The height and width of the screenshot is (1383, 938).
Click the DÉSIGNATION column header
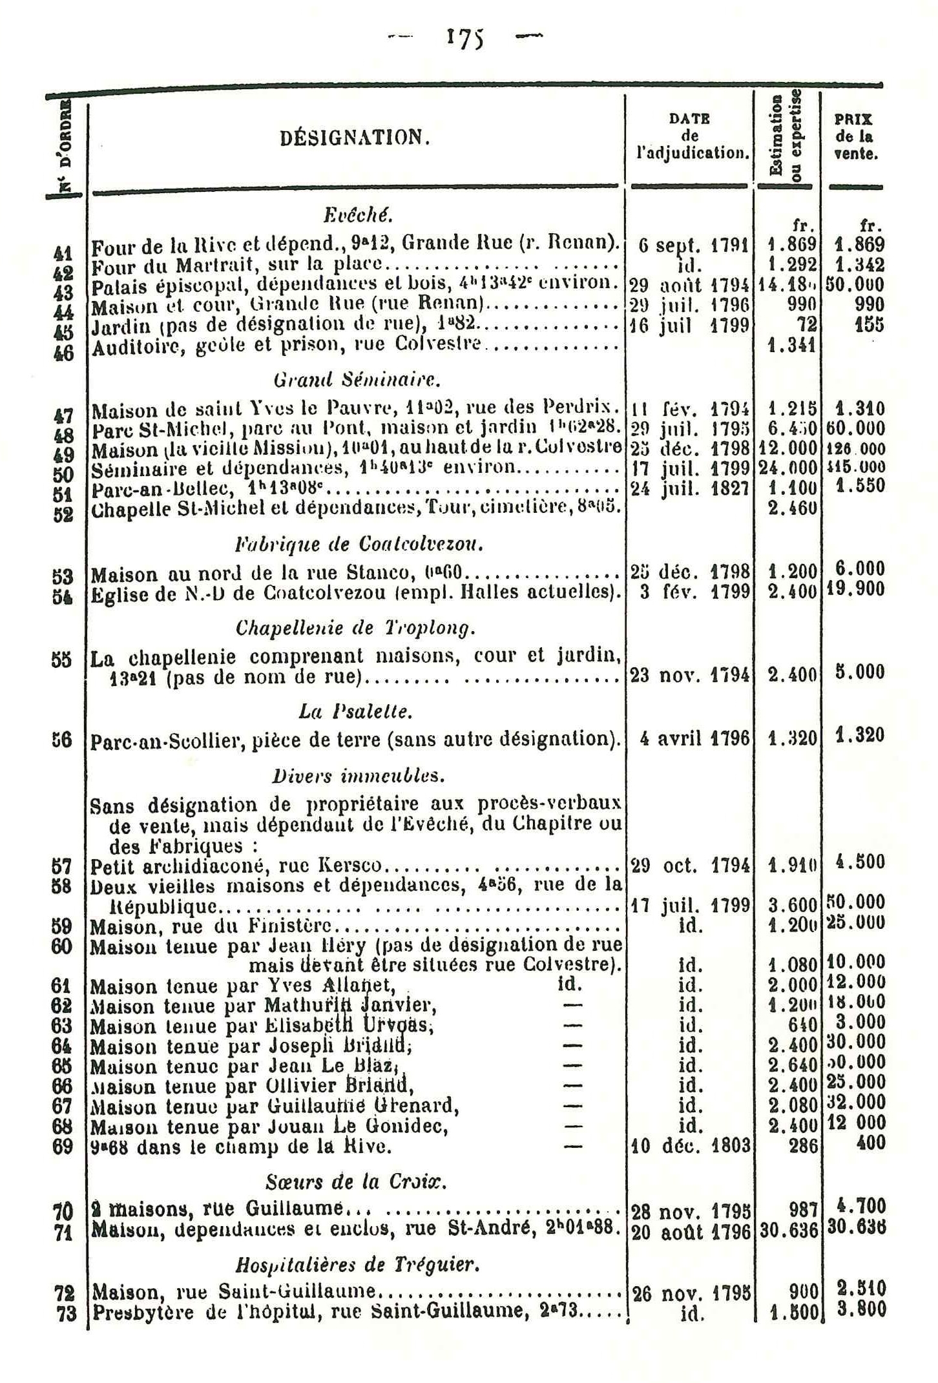pos(355,138)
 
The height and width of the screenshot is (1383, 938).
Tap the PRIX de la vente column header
pos(855,137)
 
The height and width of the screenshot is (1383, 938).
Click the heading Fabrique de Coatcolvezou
pos(359,545)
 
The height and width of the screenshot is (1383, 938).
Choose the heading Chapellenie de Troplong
pos(356,627)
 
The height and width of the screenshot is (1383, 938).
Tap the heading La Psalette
pos(355,711)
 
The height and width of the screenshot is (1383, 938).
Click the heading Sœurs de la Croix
pos(357,1181)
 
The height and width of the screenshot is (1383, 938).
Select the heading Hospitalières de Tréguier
pos(357,1264)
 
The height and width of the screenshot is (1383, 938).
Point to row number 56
pos(63,740)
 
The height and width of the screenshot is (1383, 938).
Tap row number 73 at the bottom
pos(65,1313)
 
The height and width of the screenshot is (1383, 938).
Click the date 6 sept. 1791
pos(693,246)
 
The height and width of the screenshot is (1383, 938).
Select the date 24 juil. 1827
pos(690,488)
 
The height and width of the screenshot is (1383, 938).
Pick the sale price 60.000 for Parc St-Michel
pos(855,428)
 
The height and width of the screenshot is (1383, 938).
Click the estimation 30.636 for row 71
pos(789,1229)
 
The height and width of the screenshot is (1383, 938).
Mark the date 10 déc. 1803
pos(690,1146)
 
